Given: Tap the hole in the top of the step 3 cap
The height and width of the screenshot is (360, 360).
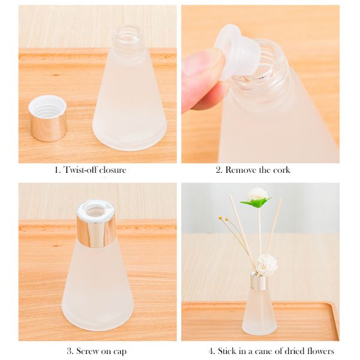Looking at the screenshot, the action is point(96,210).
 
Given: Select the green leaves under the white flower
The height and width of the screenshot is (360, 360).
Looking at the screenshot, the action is point(256,203).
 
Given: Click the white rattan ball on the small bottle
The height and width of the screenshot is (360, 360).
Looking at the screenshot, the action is point(266,264).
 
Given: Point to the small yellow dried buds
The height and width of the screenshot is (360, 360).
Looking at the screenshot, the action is point(223,218).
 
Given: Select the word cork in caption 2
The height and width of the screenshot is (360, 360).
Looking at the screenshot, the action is point(282,170).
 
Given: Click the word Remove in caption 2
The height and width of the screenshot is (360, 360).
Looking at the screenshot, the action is point(241,170).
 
